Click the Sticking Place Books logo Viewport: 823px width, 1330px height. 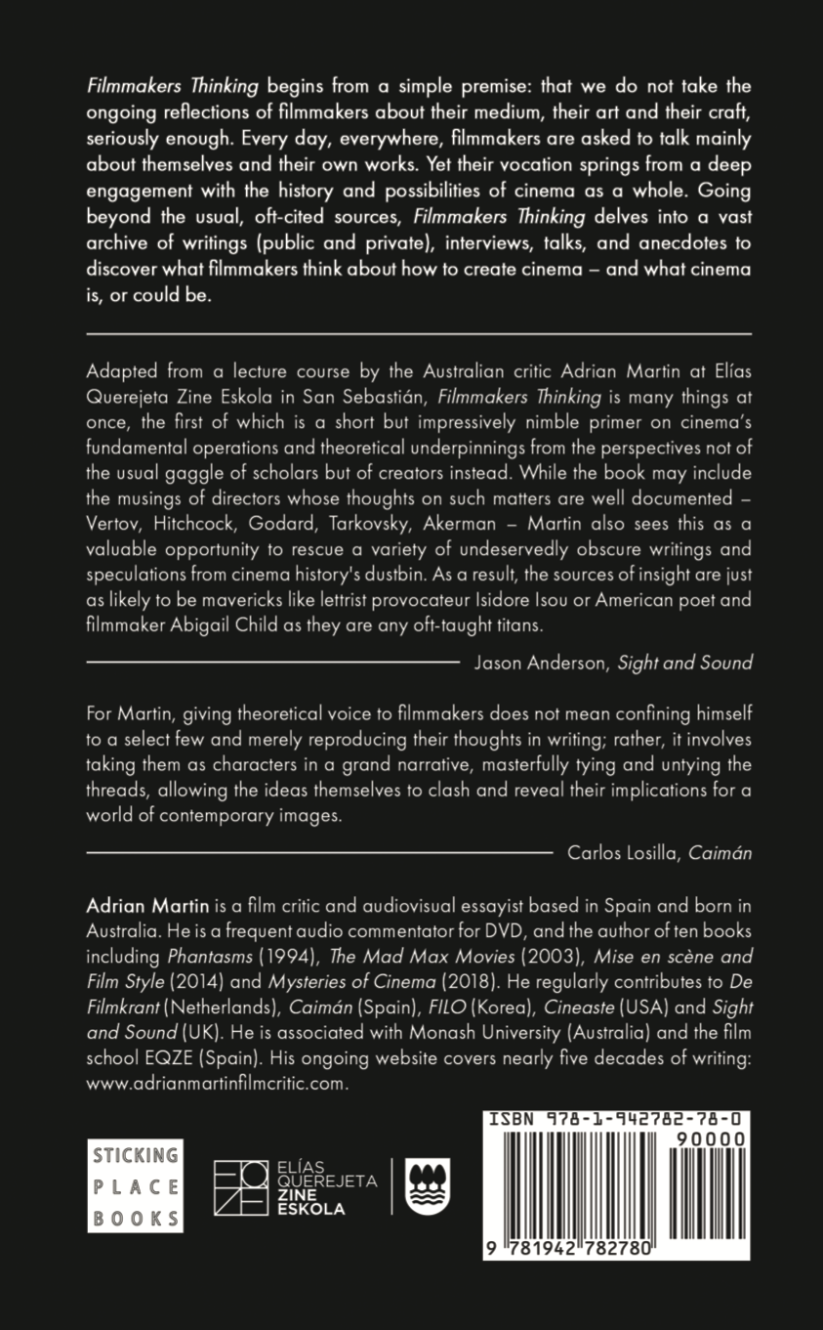tap(135, 1185)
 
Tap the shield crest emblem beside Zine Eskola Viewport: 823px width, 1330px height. tap(427, 1186)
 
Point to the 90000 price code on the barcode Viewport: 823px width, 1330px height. tap(711, 1139)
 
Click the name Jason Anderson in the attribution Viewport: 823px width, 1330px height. tap(541, 663)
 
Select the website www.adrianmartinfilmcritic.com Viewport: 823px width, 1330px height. tap(217, 1084)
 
